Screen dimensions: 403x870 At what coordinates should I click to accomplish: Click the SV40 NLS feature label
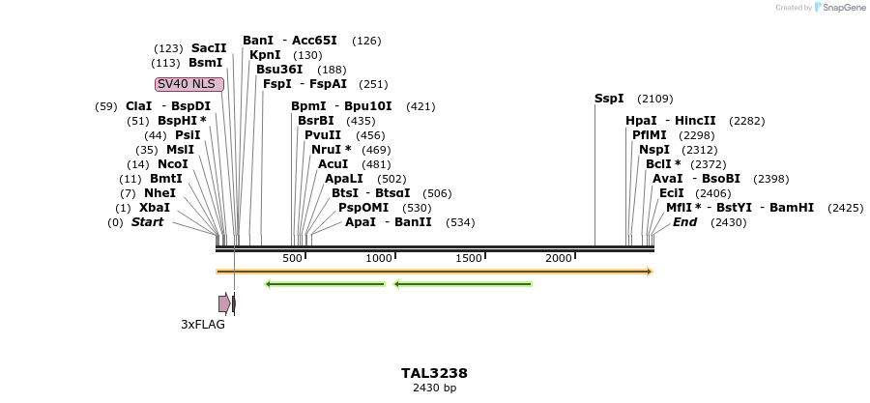coord(189,84)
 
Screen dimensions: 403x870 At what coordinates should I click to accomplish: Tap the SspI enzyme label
coord(609,99)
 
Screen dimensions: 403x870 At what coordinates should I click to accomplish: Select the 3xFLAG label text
coord(203,325)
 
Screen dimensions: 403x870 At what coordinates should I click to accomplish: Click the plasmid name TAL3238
coord(434,373)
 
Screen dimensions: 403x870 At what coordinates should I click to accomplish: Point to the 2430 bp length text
coord(434,388)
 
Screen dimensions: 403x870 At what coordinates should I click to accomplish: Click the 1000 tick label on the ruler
coord(378,258)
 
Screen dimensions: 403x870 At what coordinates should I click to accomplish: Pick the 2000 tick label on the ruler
coord(558,258)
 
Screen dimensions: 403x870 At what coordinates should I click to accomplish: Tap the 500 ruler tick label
coord(292,258)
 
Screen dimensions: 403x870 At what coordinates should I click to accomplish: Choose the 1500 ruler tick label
coord(468,258)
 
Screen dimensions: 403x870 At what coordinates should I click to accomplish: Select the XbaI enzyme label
coord(155,208)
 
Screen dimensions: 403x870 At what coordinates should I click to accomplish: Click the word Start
coord(147,222)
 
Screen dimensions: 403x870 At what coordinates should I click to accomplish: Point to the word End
coord(684,222)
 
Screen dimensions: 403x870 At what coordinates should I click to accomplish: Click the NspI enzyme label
coord(653,150)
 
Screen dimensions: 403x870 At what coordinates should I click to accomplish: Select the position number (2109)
coord(655,99)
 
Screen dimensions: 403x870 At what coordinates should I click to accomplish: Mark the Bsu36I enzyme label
coord(279,70)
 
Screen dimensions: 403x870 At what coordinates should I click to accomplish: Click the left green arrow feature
coord(325,284)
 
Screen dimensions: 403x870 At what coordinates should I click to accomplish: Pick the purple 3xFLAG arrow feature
coord(224,303)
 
